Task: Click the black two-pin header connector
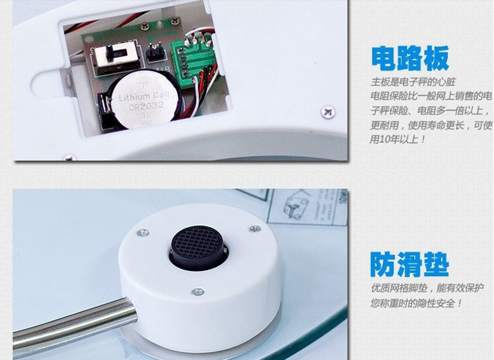(x=154, y=53)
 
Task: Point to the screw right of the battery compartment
(x=328, y=112)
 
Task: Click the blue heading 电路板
(x=410, y=59)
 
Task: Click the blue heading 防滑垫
(x=409, y=265)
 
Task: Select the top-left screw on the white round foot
(x=143, y=233)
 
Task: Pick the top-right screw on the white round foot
(x=254, y=229)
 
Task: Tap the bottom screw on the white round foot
(x=198, y=292)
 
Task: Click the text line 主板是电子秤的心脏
(x=413, y=82)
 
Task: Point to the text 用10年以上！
(x=398, y=139)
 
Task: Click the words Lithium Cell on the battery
(x=144, y=96)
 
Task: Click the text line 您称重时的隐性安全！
(x=416, y=303)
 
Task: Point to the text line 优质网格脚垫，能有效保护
(x=427, y=288)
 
